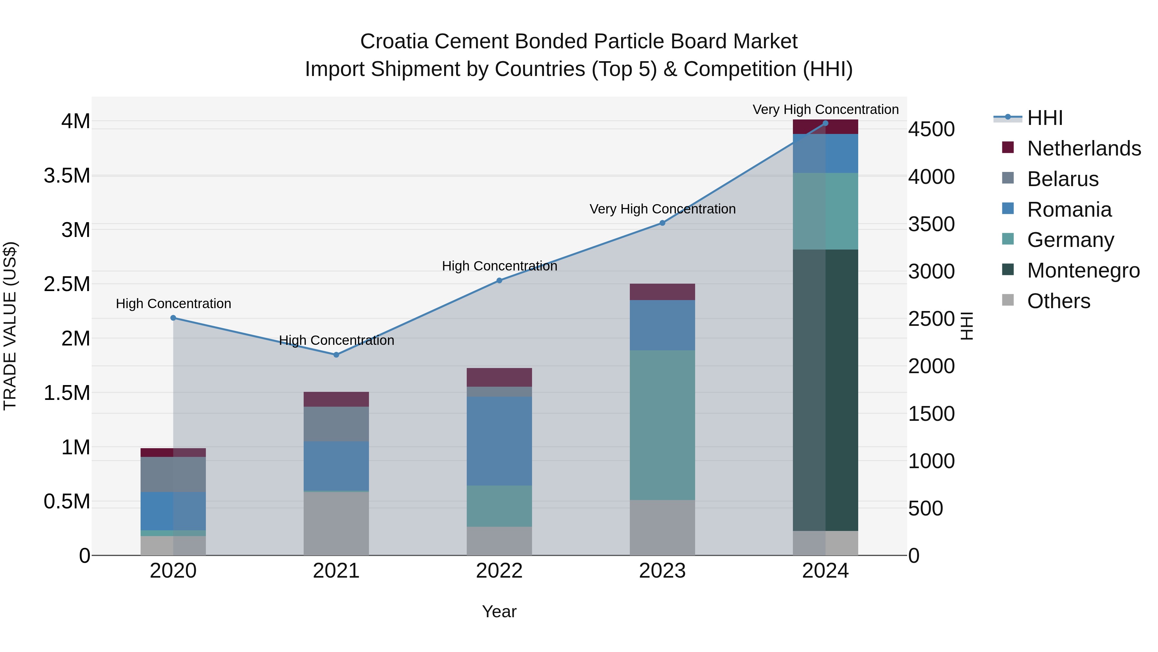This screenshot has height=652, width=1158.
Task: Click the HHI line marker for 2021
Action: pyautogui.click(x=336, y=354)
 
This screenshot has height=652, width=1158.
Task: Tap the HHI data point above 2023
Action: pyautogui.click(x=662, y=223)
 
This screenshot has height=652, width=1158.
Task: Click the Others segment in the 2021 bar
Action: pyautogui.click(x=336, y=523)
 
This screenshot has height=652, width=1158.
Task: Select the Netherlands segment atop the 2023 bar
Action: pyautogui.click(x=662, y=292)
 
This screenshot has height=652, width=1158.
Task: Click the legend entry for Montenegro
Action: pyautogui.click(x=1083, y=270)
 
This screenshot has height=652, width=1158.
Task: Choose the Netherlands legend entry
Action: pyautogui.click(x=1083, y=148)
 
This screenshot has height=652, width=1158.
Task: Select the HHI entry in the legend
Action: pyautogui.click(x=1044, y=118)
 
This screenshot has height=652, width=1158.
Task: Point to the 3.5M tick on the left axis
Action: pyautogui.click(x=67, y=175)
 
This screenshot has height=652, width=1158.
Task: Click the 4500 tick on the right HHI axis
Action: pyautogui.click(x=932, y=129)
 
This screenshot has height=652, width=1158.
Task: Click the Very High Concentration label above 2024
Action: pyautogui.click(x=825, y=109)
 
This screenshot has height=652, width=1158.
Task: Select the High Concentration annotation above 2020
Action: pyautogui.click(x=173, y=304)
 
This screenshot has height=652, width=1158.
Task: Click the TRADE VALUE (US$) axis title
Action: pyautogui.click(x=10, y=326)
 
